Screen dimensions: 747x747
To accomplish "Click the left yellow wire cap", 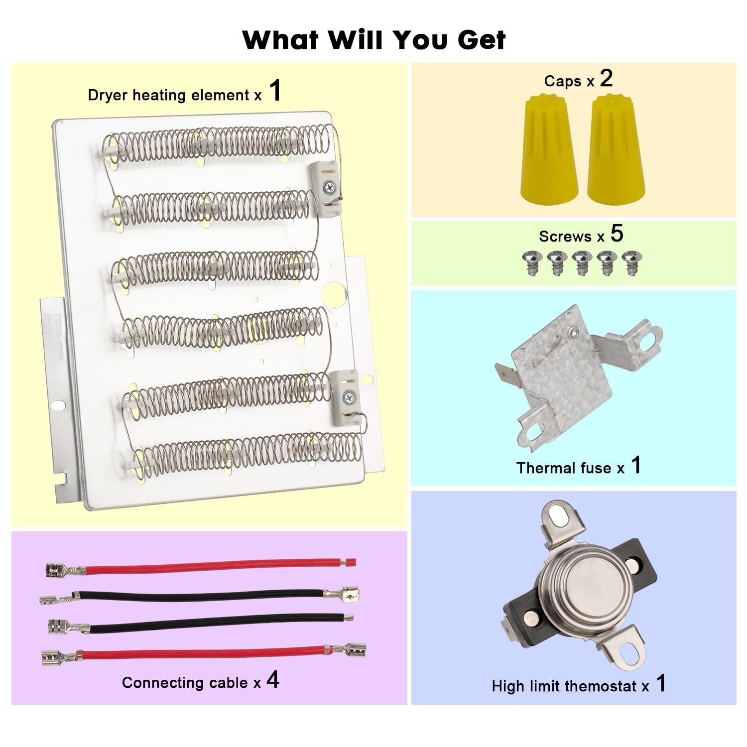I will point(549,149).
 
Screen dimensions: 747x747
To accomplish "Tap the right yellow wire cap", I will point(616,149).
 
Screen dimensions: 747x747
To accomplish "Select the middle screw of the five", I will point(582,262).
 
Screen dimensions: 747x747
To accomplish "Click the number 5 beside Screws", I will point(617,234).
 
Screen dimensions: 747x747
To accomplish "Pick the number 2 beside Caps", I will point(606,78).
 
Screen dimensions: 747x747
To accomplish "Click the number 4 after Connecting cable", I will point(273,680).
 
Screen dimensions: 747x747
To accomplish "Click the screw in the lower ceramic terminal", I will point(348,397).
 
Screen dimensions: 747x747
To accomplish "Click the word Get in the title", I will point(482,40).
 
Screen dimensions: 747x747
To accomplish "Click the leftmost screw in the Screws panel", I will point(532,262).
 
